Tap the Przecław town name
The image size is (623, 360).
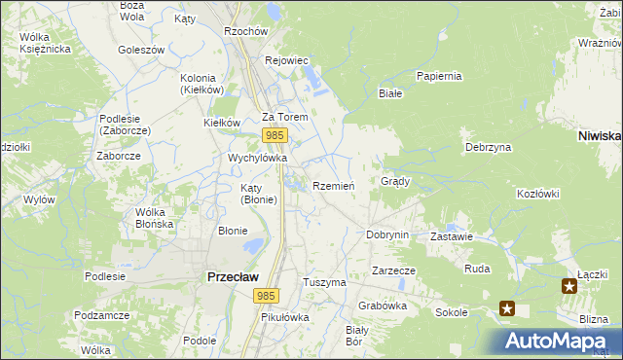(x=233, y=276)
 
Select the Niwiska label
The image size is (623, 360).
(x=599, y=136)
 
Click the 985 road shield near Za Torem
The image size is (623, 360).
(x=275, y=136)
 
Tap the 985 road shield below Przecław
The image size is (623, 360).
(x=265, y=294)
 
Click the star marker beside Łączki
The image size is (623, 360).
(x=570, y=285)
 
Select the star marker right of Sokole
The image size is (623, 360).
(x=507, y=308)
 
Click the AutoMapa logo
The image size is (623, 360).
(x=556, y=342)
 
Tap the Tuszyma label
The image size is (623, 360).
(x=324, y=282)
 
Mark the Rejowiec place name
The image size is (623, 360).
(x=286, y=60)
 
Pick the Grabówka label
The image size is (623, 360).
(x=382, y=305)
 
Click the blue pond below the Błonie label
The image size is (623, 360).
(x=252, y=246)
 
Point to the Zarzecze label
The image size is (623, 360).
(x=393, y=270)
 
